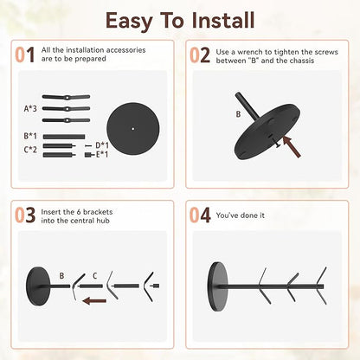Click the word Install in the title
[x=223, y=20]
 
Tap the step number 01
[x=25, y=55]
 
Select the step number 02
[x=200, y=55]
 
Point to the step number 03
[x=25, y=215]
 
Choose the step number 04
[x=200, y=215]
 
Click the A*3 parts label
[x=30, y=109]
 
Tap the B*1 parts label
[x=30, y=136]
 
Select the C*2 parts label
[x=30, y=150]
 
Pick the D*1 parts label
[x=102, y=145]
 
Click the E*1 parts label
[x=102, y=155]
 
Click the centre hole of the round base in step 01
[x=133, y=129]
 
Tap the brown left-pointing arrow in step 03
[x=94, y=301]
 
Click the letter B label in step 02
[x=238, y=114]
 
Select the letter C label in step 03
[x=94, y=276]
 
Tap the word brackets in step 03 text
[x=98, y=212]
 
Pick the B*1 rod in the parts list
[x=64, y=137]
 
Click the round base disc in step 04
[x=217, y=286]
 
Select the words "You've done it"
[x=241, y=215]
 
